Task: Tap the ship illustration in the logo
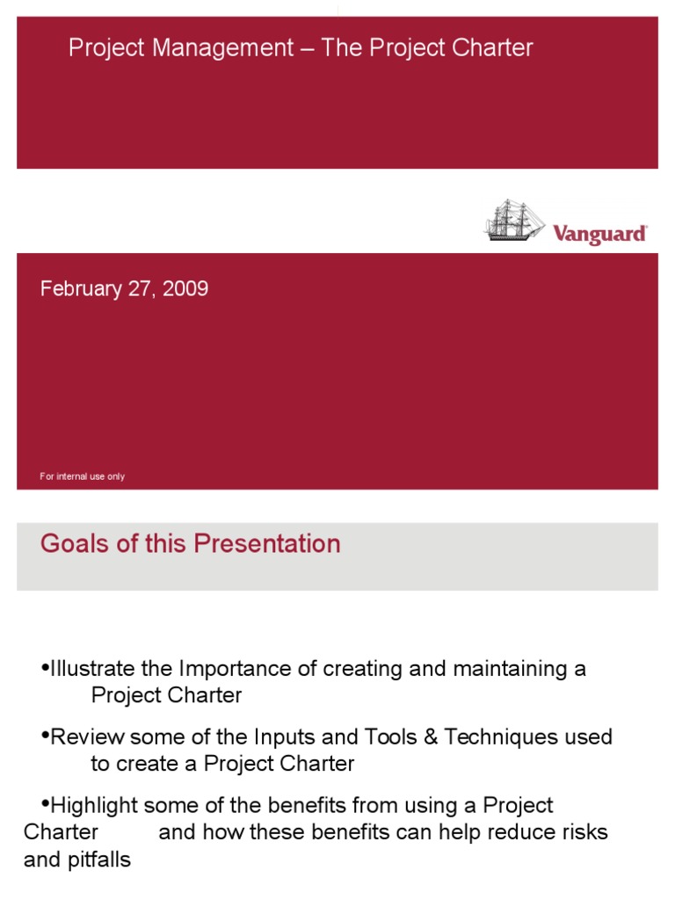point(514,220)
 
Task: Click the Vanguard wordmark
point(600,234)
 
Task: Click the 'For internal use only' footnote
point(83,476)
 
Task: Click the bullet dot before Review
point(46,735)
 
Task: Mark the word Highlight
point(94,805)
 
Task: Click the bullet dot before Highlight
point(46,803)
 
